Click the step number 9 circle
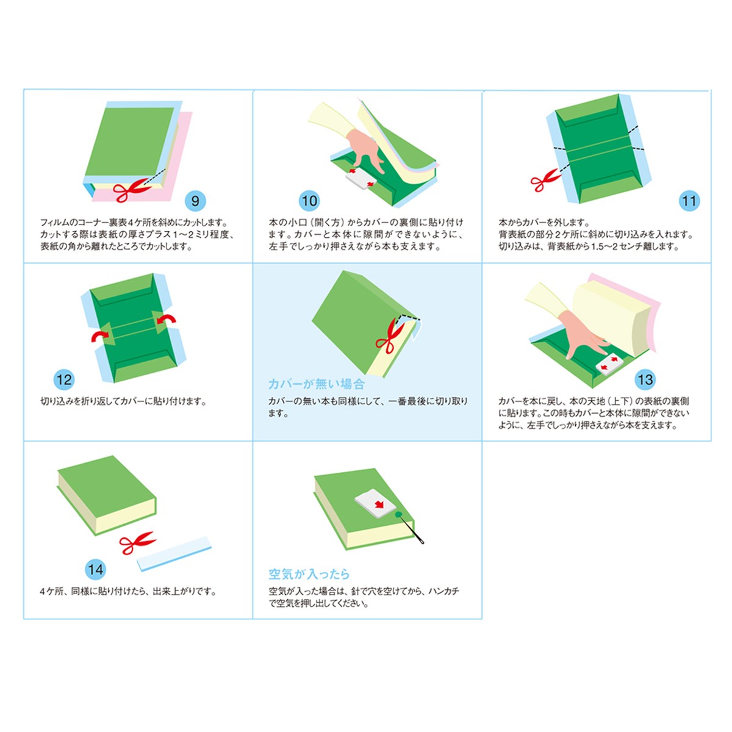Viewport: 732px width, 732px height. click(x=195, y=201)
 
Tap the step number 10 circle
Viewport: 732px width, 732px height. click(x=309, y=201)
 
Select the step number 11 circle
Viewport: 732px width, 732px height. click(x=689, y=201)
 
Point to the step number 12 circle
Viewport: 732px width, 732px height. click(x=64, y=379)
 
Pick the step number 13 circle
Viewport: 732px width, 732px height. click(x=645, y=379)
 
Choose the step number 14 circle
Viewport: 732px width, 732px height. click(x=96, y=569)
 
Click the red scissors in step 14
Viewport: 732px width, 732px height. click(x=137, y=542)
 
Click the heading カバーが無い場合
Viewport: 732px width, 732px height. click(x=316, y=384)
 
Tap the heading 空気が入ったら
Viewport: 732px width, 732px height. click(x=309, y=574)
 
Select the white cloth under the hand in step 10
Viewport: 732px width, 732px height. click(x=361, y=179)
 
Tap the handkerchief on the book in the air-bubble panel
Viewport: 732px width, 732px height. click(x=375, y=503)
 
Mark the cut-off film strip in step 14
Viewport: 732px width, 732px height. click(x=174, y=553)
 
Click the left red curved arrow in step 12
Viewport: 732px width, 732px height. click(x=100, y=335)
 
